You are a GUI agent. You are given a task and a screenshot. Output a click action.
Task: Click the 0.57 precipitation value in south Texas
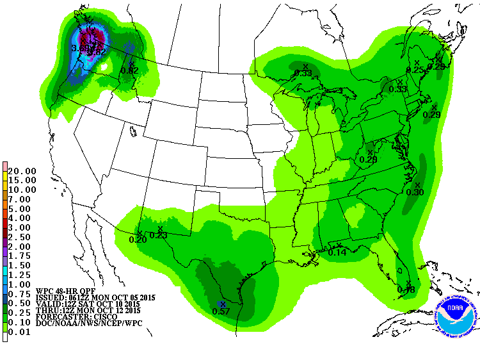pyautogui.click(x=221, y=311)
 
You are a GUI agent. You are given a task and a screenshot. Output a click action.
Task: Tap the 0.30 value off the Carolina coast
pyautogui.click(x=415, y=192)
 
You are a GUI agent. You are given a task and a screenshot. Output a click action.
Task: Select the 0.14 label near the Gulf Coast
pyautogui.click(x=337, y=253)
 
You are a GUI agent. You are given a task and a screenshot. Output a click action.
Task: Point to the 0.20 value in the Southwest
pyautogui.click(x=138, y=240)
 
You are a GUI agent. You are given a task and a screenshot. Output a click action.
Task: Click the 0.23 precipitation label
pyautogui.click(x=158, y=236)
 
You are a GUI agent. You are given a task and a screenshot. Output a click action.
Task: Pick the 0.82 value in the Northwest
pyautogui.click(x=130, y=70)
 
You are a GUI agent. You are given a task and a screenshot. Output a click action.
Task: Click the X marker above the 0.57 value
pyautogui.click(x=221, y=304)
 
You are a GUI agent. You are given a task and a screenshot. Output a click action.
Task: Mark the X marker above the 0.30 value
pyautogui.click(x=417, y=184)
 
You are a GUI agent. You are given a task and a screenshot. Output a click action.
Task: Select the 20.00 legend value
pyautogui.click(x=22, y=171)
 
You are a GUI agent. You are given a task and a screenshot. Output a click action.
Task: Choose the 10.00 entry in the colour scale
pyautogui.click(x=22, y=190)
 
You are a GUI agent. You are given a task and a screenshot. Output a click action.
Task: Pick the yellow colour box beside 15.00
pyautogui.click(x=4, y=181)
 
